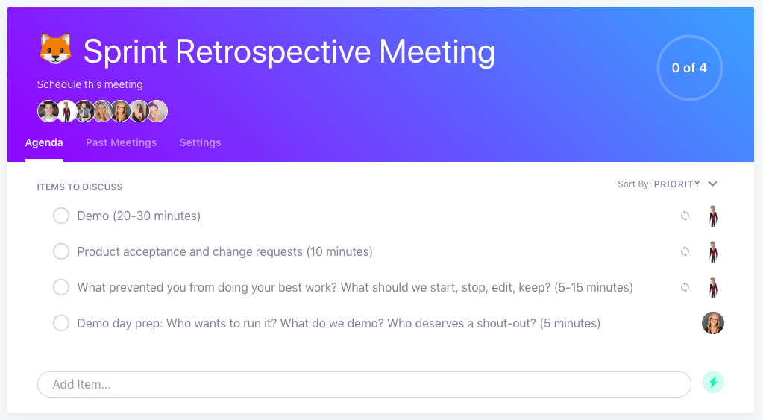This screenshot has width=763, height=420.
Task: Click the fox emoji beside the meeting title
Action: (55, 49)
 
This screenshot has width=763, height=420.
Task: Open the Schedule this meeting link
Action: (90, 84)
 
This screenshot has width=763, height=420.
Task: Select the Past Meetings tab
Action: (121, 142)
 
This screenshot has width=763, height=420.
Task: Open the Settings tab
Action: (200, 142)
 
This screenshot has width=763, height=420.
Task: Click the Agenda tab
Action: (44, 142)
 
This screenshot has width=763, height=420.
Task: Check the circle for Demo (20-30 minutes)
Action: (61, 216)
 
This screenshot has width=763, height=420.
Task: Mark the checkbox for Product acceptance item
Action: (61, 251)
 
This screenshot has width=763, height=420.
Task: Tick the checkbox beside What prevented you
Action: (61, 287)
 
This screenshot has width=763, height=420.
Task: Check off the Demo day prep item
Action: (61, 323)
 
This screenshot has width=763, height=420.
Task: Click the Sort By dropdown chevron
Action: (713, 184)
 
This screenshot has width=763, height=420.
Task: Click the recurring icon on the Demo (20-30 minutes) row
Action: (685, 216)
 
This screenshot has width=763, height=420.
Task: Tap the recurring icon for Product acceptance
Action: (685, 251)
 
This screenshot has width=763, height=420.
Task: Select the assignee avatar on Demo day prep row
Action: (713, 323)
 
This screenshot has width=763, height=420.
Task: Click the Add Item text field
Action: (364, 384)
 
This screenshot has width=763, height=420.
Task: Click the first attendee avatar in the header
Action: (48, 111)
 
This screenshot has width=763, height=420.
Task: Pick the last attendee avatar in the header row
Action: (157, 111)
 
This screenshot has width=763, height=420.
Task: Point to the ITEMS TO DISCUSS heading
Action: (80, 187)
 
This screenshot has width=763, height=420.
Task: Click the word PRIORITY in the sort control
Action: (677, 184)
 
